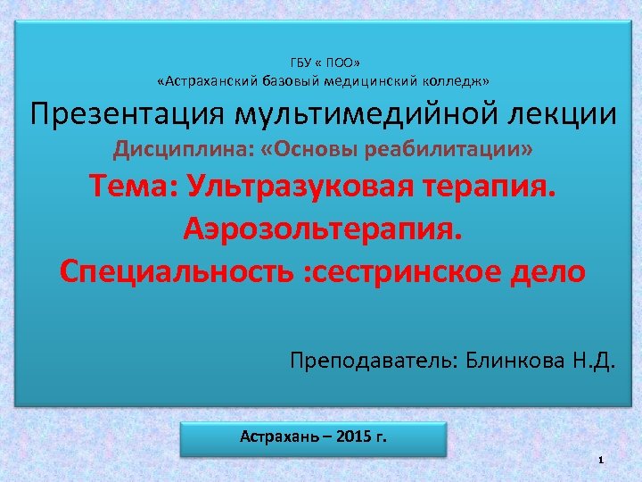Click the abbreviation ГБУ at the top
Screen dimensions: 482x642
[301, 63]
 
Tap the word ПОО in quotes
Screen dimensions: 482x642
[340, 63]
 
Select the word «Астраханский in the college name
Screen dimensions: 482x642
[208, 82]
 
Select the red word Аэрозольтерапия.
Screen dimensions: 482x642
[323, 229]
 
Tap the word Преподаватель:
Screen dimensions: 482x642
[370, 361]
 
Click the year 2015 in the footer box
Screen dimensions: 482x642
[355, 438]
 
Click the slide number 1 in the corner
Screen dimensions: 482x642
[603, 459]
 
